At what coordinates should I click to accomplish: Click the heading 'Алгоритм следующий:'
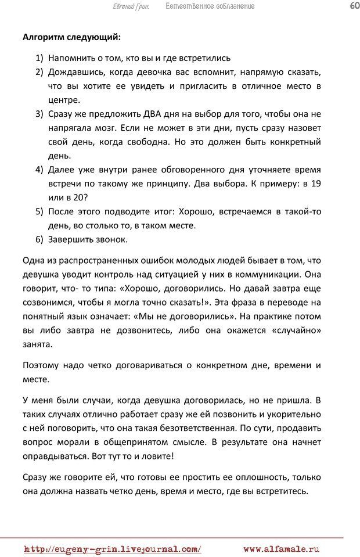pyautogui.click(x=71, y=38)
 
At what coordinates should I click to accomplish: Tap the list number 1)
pyautogui.click(x=39, y=58)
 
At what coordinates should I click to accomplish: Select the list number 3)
pyautogui.click(x=39, y=114)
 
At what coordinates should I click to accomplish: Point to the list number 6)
pyautogui.click(x=39, y=239)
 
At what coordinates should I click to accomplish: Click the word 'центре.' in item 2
pyautogui.click(x=63, y=100)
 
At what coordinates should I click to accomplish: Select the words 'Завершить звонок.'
pyautogui.click(x=88, y=239)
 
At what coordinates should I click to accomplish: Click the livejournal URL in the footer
pyautogui.click(x=113, y=549)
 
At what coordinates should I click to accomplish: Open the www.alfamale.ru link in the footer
pyautogui.click(x=282, y=549)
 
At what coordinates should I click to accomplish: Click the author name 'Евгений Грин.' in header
pyautogui.click(x=130, y=6)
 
